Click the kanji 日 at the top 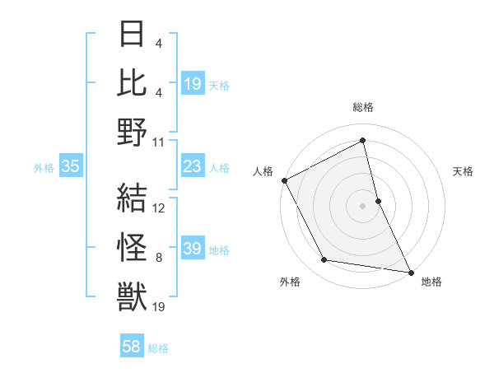(132, 35)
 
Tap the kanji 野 (132, 132)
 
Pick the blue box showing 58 (132, 347)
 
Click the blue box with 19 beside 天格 (192, 84)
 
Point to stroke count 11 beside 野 (159, 142)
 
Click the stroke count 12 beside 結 (159, 207)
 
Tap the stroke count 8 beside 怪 (159, 258)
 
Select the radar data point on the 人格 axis (284, 180)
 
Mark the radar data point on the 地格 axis (410, 272)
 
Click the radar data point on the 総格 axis (362, 140)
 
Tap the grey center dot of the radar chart (362, 205)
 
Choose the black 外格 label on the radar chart (290, 282)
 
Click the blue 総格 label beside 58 (158, 348)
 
